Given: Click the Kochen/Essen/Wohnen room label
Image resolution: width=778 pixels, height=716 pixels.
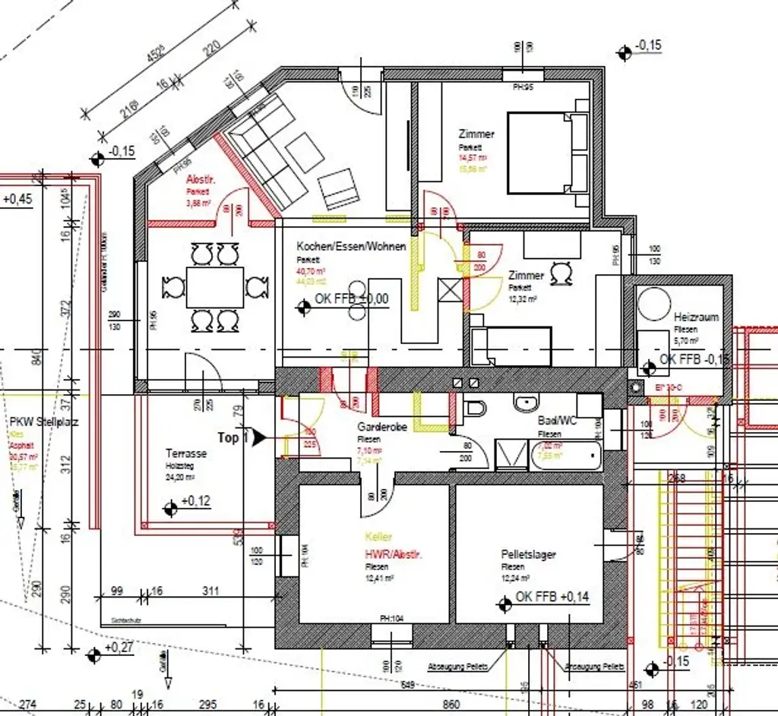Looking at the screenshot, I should click(x=351, y=247).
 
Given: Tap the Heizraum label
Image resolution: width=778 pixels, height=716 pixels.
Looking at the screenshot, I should click(x=695, y=317).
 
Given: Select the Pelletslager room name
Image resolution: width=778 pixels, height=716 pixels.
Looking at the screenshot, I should click(x=528, y=555).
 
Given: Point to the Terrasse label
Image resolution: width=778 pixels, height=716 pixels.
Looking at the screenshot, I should click(x=186, y=453).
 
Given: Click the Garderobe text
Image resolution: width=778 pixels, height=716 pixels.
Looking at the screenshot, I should click(x=382, y=427).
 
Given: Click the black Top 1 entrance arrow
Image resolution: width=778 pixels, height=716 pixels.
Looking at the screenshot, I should click(x=259, y=437).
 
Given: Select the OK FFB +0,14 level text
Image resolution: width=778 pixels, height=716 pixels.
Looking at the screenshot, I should click(x=552, y=598).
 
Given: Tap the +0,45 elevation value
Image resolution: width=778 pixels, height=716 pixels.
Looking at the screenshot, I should click(x=17, y=200).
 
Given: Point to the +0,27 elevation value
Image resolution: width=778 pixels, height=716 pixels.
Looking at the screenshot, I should click(x=119, y=648).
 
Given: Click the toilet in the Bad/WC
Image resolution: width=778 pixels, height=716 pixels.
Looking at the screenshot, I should click(x=474, y=408).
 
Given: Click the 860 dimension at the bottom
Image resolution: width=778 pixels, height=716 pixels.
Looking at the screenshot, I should click(x=451, y=705).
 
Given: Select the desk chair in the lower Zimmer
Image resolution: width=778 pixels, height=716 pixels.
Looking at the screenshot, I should click(x=562, y=272).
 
